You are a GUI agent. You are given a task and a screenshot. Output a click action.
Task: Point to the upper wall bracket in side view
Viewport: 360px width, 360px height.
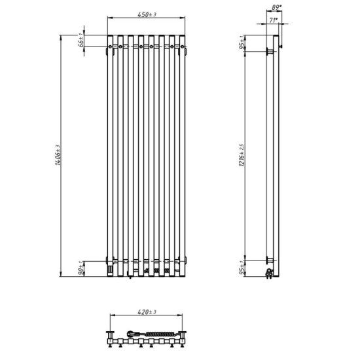(x=269, y=50)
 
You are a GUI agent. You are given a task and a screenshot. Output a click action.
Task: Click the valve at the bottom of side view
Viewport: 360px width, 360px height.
(x=269, y=270)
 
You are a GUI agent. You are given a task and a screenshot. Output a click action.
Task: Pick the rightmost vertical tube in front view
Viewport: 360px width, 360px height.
(x=183, y=154)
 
